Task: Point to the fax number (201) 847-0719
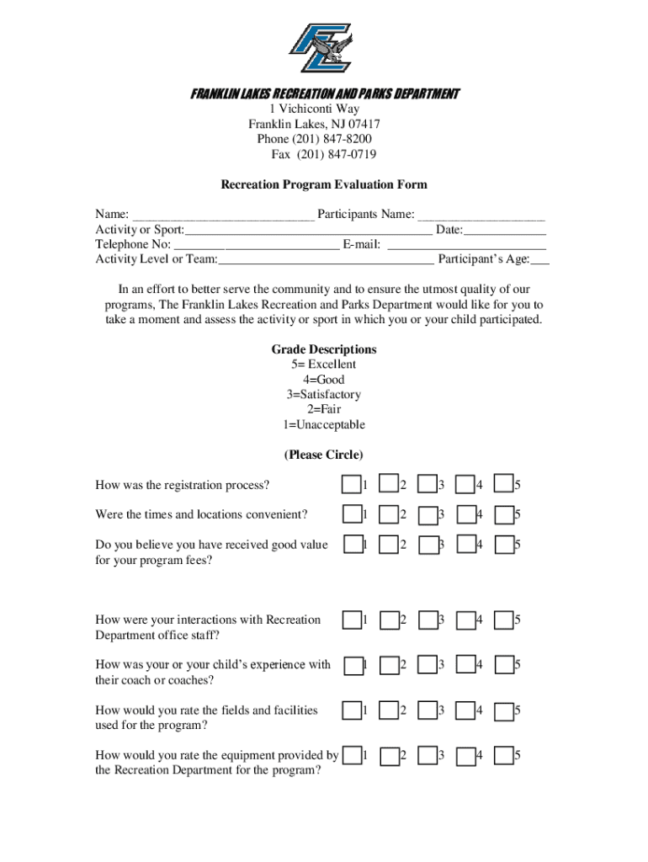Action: tap(324, 154)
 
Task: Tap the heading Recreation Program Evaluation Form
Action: tap(324, 184)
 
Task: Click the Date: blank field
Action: tap(505, 231)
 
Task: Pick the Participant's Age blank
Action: tap(539, 261)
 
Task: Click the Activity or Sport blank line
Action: tap(308, 231)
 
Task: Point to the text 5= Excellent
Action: tap(324, 364)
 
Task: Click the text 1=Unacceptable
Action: tap(324, 425)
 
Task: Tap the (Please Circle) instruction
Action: tap(324, 455)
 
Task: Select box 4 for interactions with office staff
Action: tap(465, 620)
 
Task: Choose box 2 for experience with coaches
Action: tap(389, 666)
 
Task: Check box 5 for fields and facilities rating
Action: tap(503, 711)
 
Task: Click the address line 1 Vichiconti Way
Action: tap(314, 109)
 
